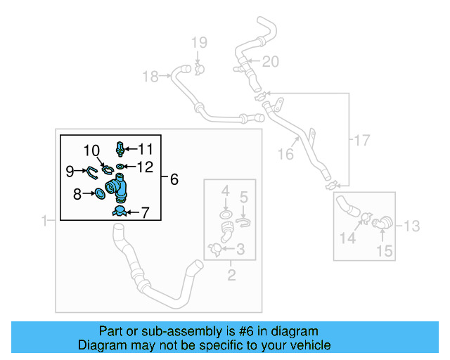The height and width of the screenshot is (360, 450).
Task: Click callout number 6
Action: (173, 179)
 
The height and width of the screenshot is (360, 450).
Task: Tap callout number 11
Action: (145, 148)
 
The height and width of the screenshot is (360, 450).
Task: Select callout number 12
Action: (145, 167)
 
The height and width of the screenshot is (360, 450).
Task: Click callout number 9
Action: (70, 171)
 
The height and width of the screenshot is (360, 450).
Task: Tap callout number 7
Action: (145, 212)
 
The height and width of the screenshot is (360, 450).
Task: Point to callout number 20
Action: (271, 62)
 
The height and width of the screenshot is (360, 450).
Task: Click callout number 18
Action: (150, 77)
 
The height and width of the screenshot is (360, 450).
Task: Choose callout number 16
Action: (285, 153)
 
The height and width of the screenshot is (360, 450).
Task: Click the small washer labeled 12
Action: (122, 167)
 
